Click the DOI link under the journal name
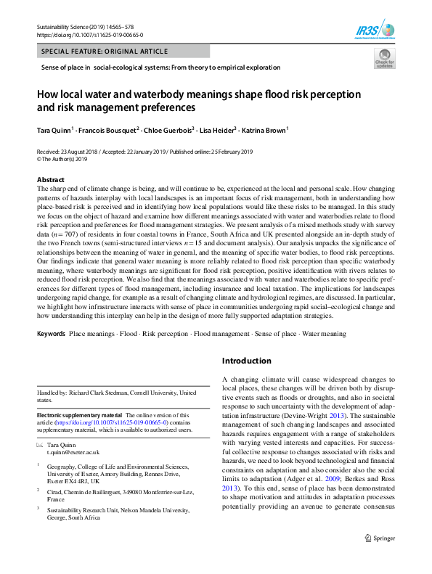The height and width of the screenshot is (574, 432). pyautogui.click(x=89, y=35)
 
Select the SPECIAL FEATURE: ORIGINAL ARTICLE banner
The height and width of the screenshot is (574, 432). pyautogui.click(x=98, y=52)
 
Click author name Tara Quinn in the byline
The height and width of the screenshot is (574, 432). pyautogui.click(x=54, y=130)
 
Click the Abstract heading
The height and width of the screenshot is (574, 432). pyautogui.click(x=51, y=179)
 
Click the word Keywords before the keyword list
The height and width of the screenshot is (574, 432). pyautogui.click(x=51, y=334)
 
